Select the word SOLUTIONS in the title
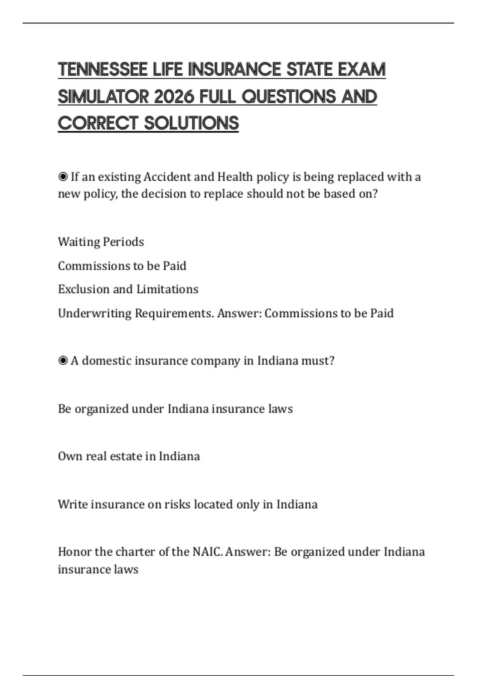[191, 123]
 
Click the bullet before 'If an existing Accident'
[63, 177]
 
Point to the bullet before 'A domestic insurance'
[63, 361]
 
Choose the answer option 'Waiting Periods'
[101, 242]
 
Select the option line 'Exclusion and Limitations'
[128, 289]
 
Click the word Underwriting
[95, 313]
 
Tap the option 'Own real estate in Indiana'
[129, 456]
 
